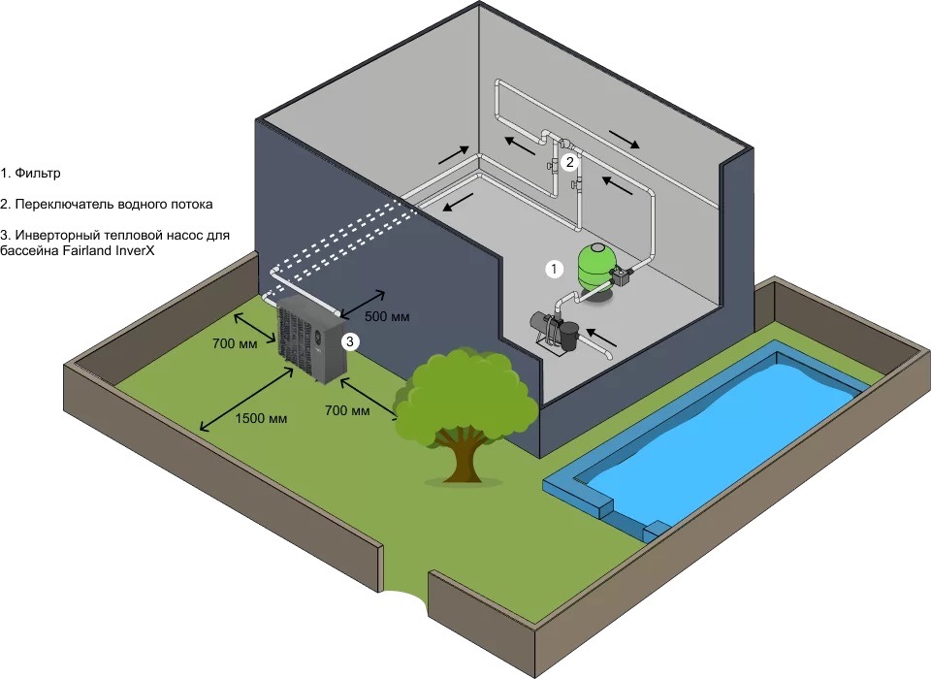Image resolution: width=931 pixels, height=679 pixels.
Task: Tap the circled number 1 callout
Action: point(553,269)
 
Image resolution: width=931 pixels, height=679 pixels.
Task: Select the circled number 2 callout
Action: point(570,163)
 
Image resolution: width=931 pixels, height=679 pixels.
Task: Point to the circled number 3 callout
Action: point(351,340)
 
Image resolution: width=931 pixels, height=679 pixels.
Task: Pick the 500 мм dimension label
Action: point(387,316)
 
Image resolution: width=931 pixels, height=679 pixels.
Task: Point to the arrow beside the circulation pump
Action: point(602,338)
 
